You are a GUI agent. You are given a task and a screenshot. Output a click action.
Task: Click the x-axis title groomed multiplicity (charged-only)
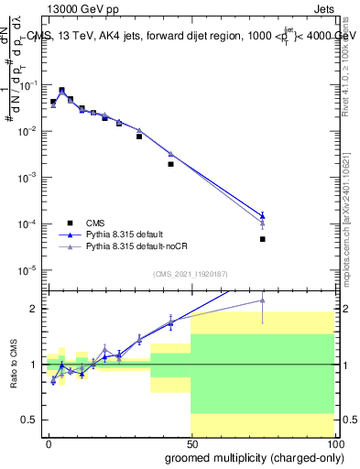(x=253, y=455)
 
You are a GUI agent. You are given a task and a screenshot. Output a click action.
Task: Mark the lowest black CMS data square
(x=262, y=239)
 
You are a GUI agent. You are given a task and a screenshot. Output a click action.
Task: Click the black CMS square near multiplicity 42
(x=170, y=164)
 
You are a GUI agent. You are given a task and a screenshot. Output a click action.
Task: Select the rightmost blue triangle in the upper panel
(x=262, y=214)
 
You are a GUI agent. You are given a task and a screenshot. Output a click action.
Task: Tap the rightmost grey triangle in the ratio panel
(x=262, y=300)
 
